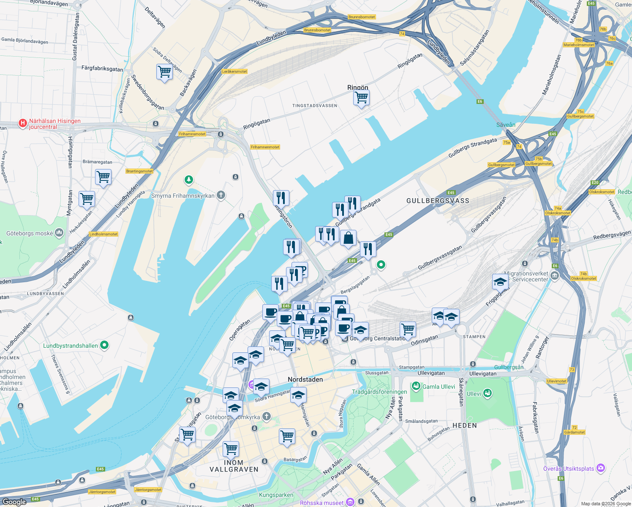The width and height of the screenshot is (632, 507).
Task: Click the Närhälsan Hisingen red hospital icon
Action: (23, 123)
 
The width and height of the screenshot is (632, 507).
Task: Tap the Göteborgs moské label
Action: (30, 233)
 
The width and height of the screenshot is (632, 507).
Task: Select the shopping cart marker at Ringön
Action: (361, 98)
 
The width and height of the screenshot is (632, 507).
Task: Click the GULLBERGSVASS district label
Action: (438, 201)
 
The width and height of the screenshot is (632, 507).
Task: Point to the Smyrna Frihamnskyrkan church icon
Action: (221, 195)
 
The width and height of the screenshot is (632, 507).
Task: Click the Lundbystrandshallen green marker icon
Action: (104, 345)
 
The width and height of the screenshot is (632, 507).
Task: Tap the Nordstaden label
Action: (305, 379)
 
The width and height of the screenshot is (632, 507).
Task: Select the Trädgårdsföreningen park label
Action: (379, 392)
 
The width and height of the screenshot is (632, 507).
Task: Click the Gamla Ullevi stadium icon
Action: (416, 386)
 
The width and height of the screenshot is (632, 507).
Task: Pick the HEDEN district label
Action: (465, 425)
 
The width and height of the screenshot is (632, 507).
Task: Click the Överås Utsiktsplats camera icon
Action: (601, 468)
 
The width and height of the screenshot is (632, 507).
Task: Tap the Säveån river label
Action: (506, 125)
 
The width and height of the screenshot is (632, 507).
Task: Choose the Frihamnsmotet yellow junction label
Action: (192, 134)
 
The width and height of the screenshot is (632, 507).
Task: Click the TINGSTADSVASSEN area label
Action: (315, 106)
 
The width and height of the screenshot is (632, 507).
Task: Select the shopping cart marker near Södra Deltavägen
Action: (164, 72)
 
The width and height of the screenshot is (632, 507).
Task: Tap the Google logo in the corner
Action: (14, 502)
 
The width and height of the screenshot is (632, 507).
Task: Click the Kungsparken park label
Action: (276, 495)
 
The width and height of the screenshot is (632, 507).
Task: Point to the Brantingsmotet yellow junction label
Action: (139, 171)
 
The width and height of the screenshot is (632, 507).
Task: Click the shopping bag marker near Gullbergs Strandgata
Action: (348, 238)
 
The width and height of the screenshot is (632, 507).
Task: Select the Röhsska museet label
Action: (322, 503)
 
